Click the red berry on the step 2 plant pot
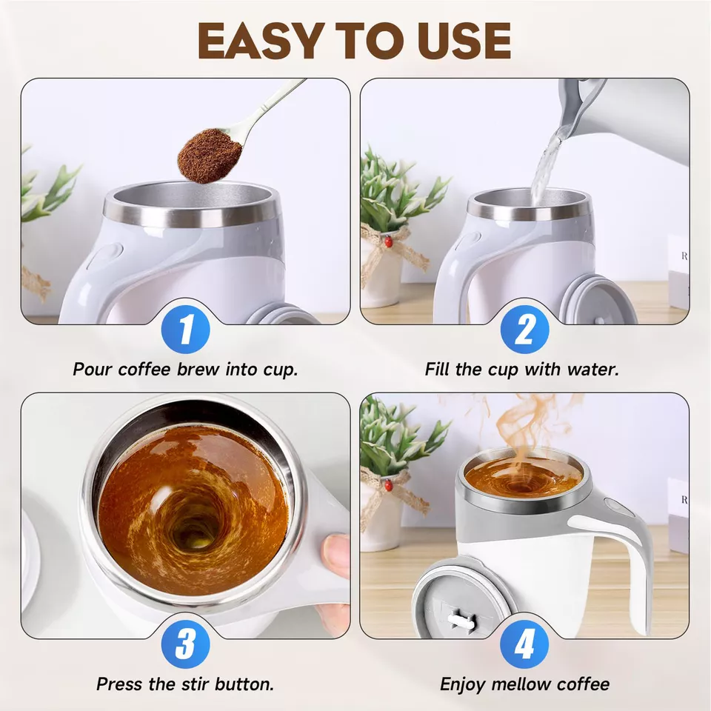point(387,241)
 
